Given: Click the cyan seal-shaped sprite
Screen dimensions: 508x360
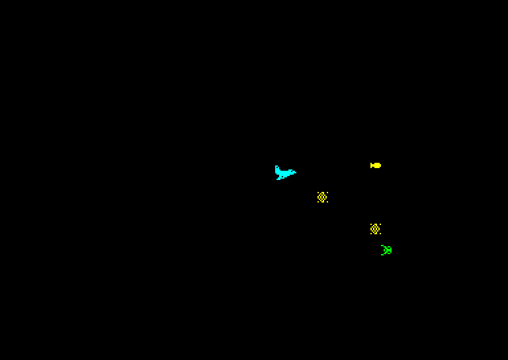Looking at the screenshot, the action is [x=284, y=173].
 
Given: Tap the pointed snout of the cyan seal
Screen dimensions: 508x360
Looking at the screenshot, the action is [x=295, y=173].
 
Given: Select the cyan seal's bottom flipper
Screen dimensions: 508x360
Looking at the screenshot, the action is [x=278, y=179].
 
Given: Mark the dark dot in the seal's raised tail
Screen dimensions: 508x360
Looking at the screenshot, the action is [x=277, y=167].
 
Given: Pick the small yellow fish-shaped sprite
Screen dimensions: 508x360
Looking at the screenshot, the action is [x=376, y=165].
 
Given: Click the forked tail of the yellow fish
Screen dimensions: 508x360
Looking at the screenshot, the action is [x=372, y=165].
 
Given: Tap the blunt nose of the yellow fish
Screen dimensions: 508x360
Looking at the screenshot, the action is [x=380, y=165].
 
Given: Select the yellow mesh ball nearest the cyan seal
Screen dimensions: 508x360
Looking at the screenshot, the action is [x=323, y=197].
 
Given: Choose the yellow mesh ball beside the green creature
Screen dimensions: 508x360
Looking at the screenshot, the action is [x=376, y=229].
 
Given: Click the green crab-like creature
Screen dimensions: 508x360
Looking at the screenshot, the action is [x=386, y=250].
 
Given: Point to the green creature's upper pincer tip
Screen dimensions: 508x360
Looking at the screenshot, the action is [x=382, y=246].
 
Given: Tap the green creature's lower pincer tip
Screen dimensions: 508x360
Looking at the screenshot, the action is [x=382, y=255].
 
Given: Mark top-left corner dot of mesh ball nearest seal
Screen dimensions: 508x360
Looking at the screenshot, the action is [x=318, y=193].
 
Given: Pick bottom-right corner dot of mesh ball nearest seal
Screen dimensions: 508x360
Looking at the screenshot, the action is [x=327, y=202].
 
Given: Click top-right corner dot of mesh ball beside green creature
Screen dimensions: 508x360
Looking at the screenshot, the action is [x=380, y=224].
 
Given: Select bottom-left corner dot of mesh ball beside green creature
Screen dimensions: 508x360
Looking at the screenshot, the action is [x=371, y=234].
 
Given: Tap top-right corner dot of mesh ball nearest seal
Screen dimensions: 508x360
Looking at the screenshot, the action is [x=327, y=193].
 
